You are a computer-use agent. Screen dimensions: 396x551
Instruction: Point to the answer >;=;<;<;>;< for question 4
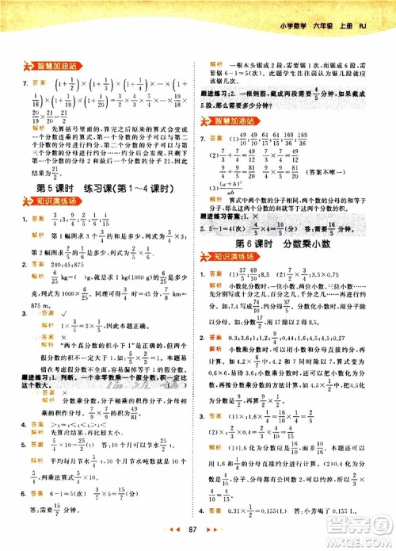[x=68, y=425]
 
